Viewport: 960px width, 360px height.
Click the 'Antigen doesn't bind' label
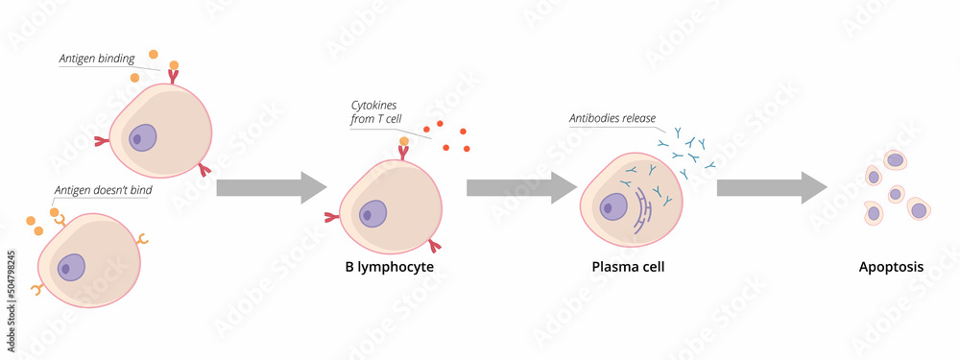(103, 190)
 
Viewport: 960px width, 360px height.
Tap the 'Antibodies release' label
(612, 119)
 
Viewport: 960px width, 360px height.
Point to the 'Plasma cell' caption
(628, 267)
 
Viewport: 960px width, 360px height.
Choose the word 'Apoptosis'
(891, 268)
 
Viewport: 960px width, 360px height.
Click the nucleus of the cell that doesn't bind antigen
(71, 267)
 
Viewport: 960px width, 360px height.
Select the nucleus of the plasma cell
(612, 205)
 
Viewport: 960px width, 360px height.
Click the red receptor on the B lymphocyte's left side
(332, 217)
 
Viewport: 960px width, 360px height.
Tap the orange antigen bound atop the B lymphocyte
(404, 142)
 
